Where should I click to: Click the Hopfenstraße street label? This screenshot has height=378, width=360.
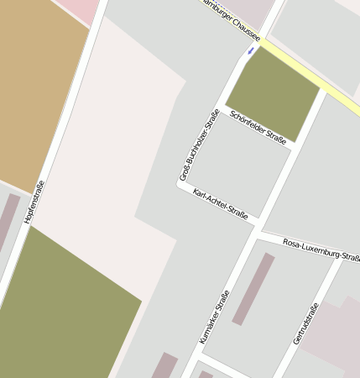(34, 202)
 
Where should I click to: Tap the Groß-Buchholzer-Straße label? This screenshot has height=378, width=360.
(200, 145)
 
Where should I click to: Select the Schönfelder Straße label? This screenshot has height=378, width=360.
(258, 128)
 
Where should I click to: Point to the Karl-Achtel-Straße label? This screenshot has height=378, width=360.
(220, 204)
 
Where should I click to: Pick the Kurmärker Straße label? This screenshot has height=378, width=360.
(214, 318)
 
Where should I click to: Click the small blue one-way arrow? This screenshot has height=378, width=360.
(250, 51)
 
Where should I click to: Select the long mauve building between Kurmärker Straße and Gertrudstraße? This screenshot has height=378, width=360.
(253, 289)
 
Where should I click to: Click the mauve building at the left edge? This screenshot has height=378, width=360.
(8, 222)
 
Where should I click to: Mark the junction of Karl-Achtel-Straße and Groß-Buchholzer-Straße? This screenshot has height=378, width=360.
(179, 186)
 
